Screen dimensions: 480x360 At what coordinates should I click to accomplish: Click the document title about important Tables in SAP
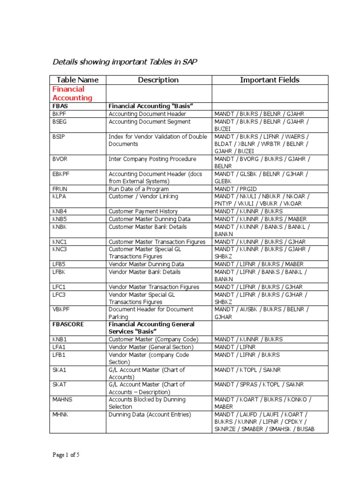point(121,62)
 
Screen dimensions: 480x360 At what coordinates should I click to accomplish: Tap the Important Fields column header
point(270,80)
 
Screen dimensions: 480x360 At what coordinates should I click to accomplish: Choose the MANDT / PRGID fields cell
point(234,189)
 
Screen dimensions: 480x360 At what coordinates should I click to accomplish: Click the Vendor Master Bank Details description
point(144,272)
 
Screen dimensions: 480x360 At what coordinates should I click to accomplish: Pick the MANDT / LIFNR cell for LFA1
point(235,347)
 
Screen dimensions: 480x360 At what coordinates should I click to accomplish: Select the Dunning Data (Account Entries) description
point(150,414)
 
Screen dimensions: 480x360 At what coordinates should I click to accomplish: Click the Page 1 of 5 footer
point(66,454)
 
